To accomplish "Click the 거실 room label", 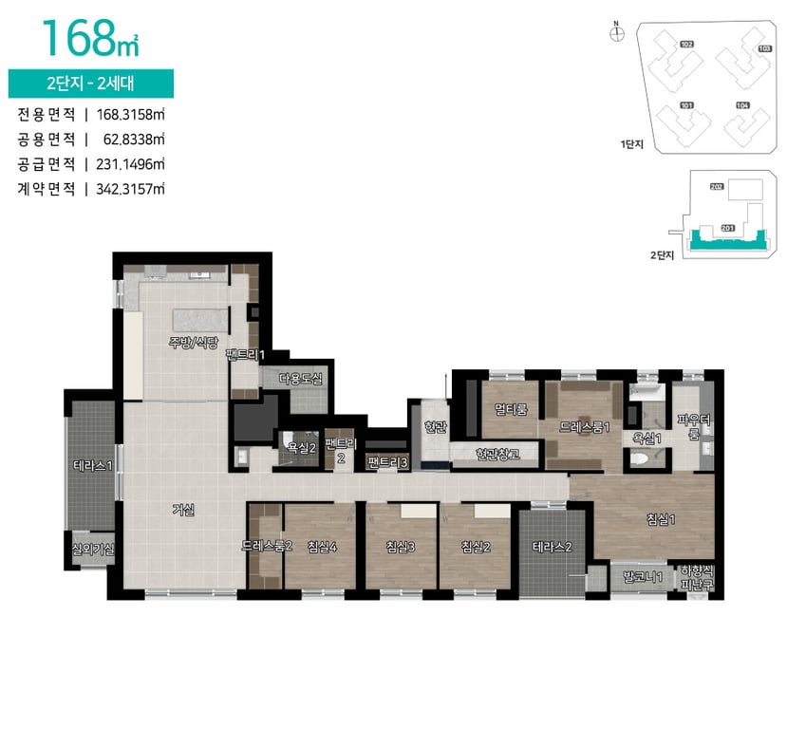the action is coord(183,510).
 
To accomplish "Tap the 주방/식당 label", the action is coord(194,343).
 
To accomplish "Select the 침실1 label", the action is coord(661,520).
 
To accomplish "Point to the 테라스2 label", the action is coord(553,547).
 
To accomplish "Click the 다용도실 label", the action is coord(301,379).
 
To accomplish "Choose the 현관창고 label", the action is coord(497,454).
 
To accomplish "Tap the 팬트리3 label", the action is coord(387,462).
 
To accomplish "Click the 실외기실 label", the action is coord(93,549).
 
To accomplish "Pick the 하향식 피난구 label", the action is coord(697,577).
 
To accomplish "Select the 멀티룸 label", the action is coord(511,409).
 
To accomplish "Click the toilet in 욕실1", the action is coord(640,458).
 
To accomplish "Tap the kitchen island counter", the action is coord(199,321).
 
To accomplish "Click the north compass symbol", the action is coord(617,33).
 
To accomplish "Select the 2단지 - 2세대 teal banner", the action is coord(91,84).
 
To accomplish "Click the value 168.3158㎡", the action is coord(130,115).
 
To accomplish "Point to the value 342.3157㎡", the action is coord(130,189).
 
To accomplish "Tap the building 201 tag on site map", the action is coord(727,228).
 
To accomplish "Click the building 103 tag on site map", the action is coord(764,48).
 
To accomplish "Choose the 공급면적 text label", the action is coord(47,164).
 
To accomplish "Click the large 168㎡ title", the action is coord(90,38).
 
